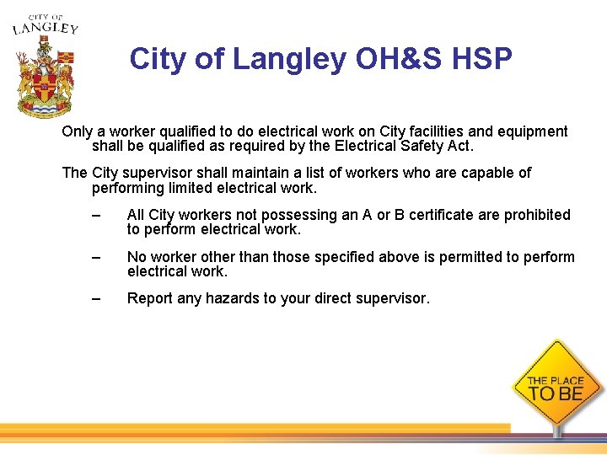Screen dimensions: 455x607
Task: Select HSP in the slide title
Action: pos(483,59)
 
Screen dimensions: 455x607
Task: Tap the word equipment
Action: pos(530,131)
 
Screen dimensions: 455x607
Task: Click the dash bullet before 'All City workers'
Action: pos(97,216)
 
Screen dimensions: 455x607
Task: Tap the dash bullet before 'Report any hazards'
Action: pos(97,298)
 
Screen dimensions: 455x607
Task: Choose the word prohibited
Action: pos(537,215)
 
